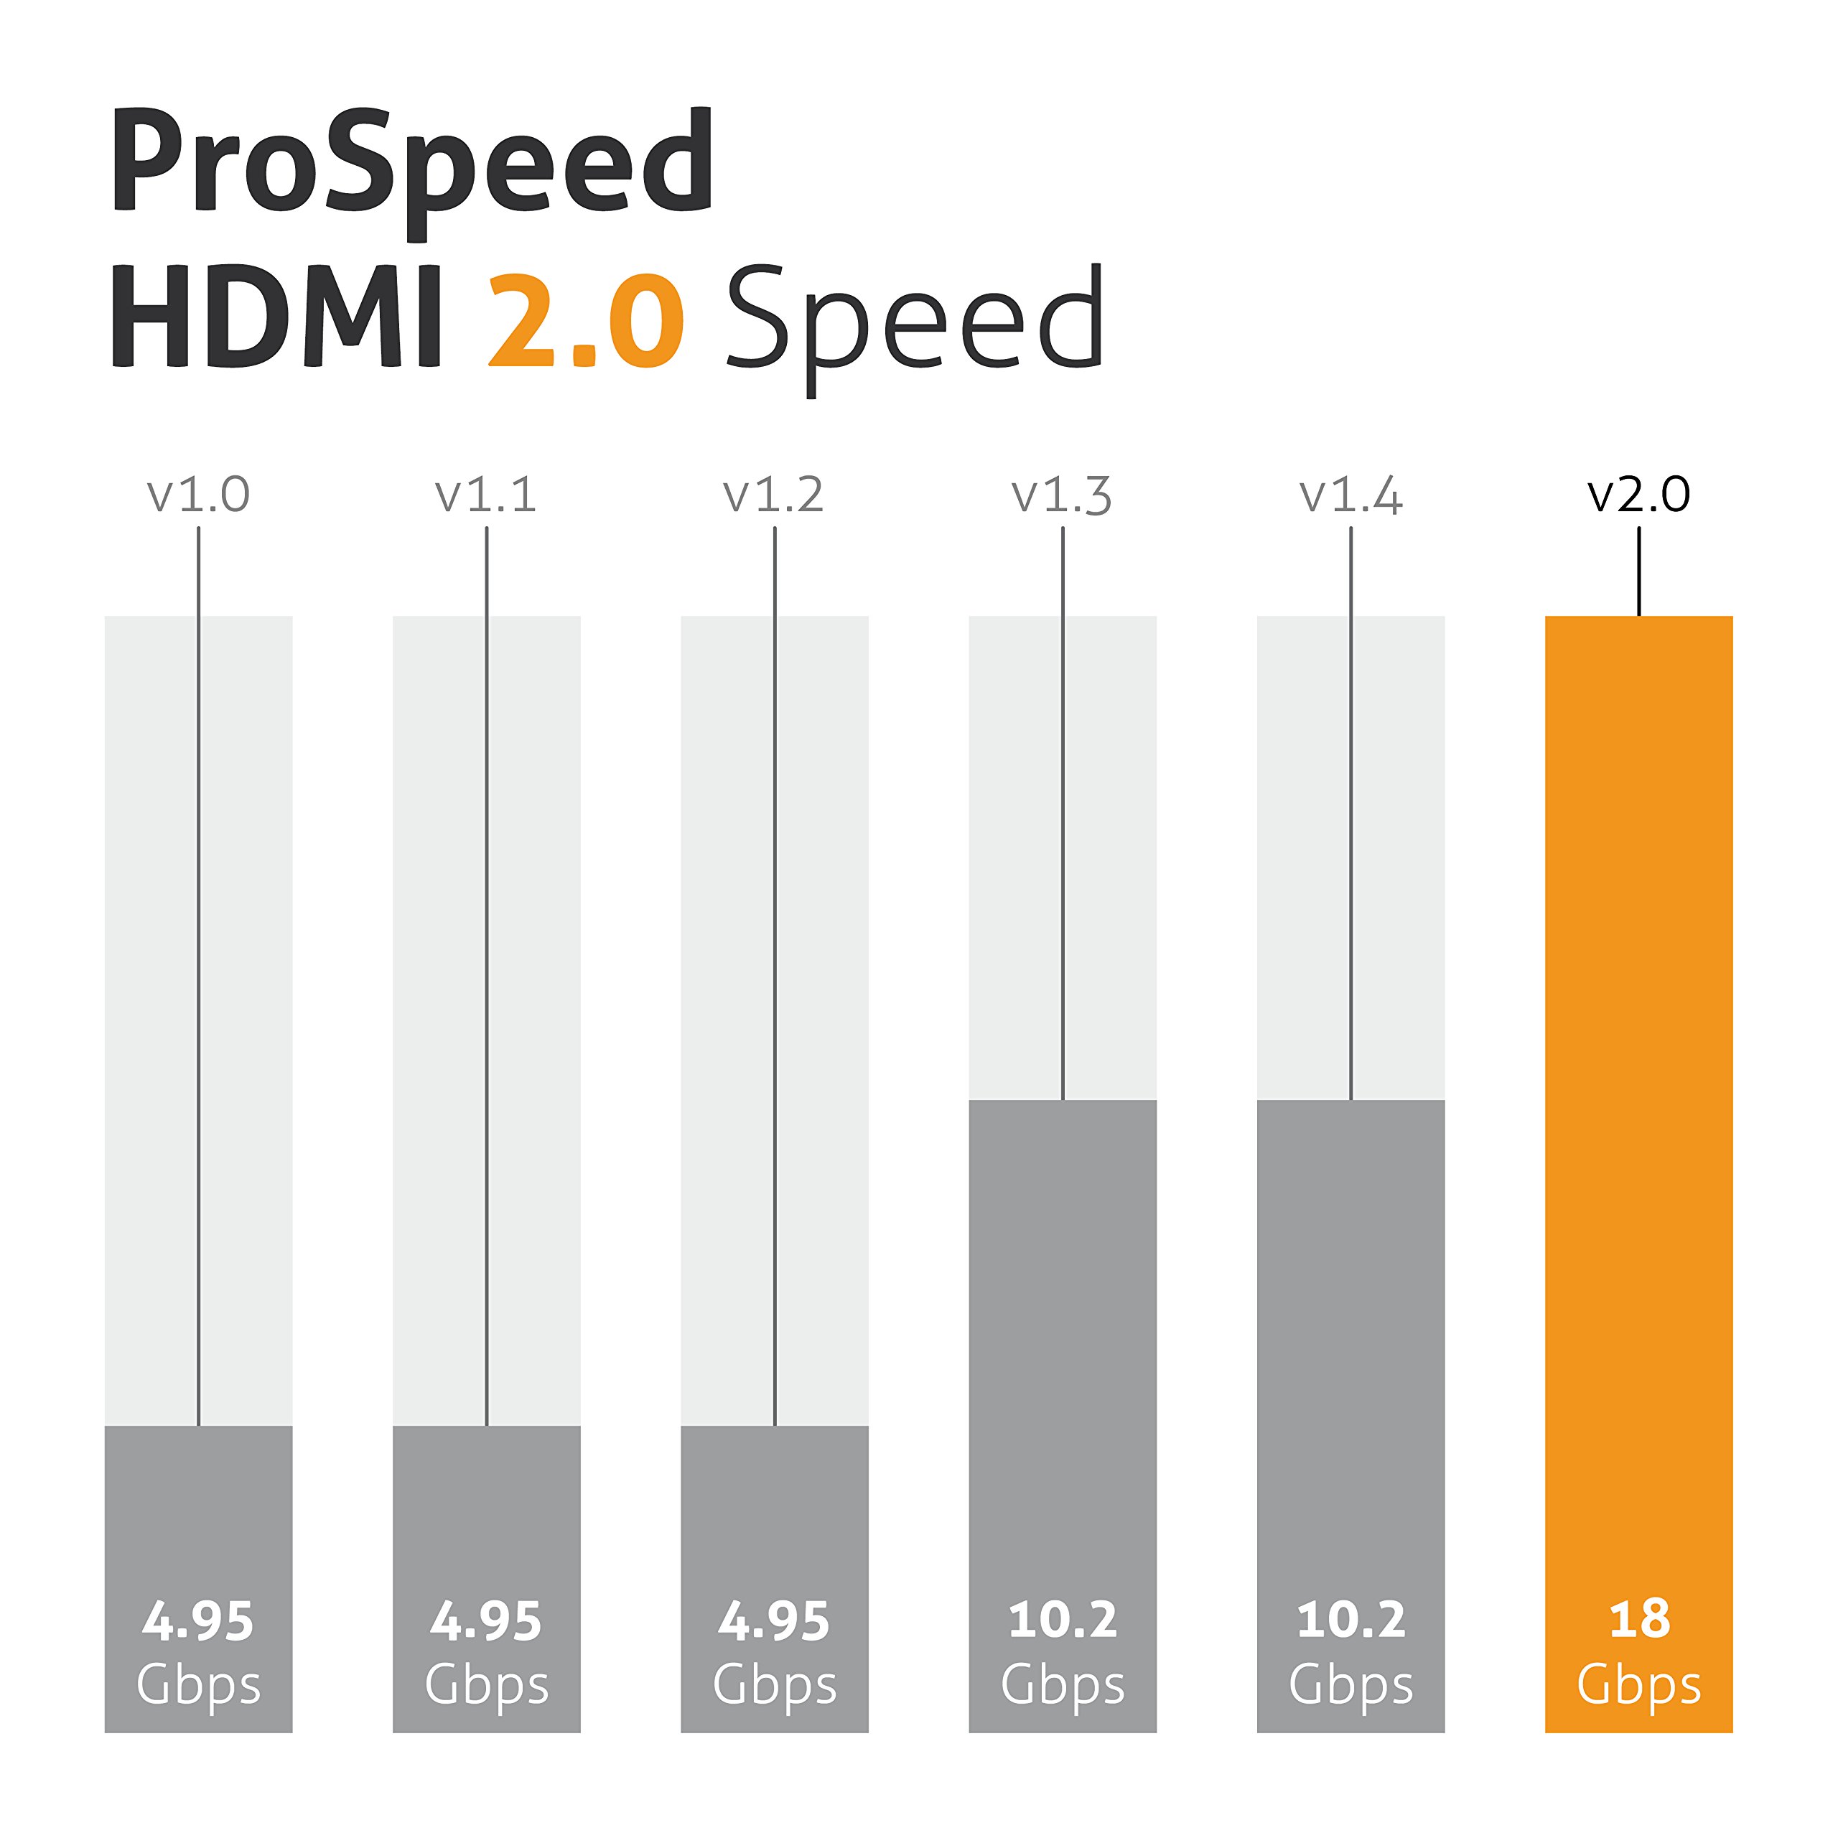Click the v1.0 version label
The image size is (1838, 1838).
[x=198, y=495]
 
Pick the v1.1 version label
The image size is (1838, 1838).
[x=486, y=495]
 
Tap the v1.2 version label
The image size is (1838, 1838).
[x=773, y=495]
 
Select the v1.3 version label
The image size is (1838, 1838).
[x=1062, y=495]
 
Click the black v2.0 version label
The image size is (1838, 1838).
[x=1639, y=495]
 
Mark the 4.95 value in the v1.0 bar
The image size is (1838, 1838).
[x=198, y=1621]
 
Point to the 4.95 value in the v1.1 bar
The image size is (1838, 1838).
[x=486, y=1621]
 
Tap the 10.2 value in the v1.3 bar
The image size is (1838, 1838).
[x=1063, y=1620]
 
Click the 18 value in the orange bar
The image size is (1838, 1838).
[x=1639, y=1620]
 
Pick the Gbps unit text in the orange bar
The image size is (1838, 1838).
[x=1639, y=1686]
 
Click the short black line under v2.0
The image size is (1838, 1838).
[x=1639, y=572]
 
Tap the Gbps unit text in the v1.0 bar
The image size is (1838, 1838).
[x=198, y=1686]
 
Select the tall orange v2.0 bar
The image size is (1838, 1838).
[x=1639, y=1047]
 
